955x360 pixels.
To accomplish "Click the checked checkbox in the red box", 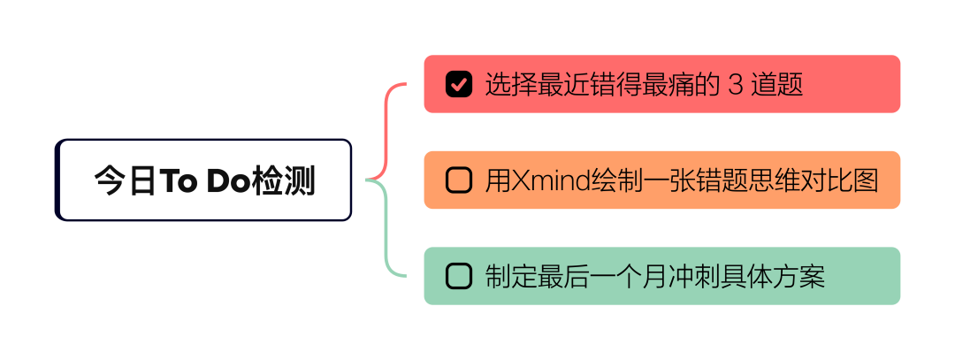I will coord(459,84).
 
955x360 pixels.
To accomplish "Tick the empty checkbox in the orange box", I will coord(459,180).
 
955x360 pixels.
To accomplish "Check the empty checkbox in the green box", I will coord(459,276).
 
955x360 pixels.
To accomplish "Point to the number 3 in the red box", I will coord(733,85).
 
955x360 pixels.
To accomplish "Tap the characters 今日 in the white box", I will coord(126,181).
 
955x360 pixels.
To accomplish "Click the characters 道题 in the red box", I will coord(777,85).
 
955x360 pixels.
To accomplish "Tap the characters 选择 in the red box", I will coord(510,85).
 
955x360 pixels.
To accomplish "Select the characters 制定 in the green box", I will coord(510,276).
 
